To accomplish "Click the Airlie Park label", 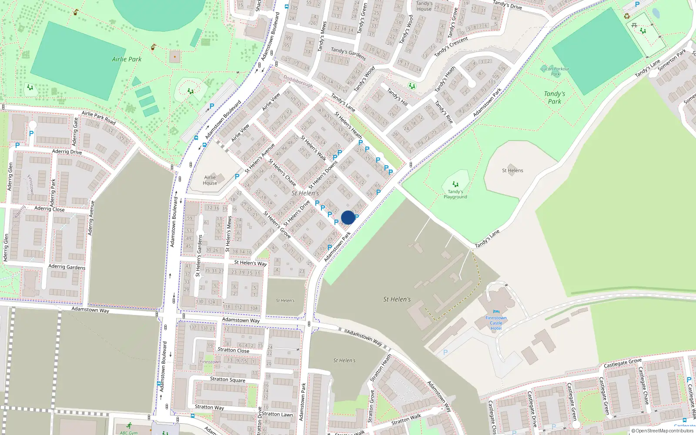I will tap(127, 59).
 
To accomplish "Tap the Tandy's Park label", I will tap(554, 97).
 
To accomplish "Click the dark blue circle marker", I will tap(348, 217).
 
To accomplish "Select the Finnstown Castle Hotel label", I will tap(496, 323).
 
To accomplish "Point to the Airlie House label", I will tap(210, 180).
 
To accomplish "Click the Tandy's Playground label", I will tap(455, 194).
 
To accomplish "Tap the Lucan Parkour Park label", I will tap(555, 71).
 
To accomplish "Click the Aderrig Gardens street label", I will tap(67, 267).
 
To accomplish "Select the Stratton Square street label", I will tap(228, 379).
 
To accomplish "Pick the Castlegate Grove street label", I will tap(622, 363).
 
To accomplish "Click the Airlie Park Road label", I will tap(99, 117).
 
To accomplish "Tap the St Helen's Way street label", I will tap(251, 263).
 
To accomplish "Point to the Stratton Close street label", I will tap(233, 350).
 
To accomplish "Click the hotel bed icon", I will tap(496, 312).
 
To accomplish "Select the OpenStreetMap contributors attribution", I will tap(663, 431).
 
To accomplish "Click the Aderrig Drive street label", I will tap(67, 152).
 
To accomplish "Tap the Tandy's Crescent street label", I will tap(451, 47).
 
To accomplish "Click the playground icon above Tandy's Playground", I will tap(455, 184).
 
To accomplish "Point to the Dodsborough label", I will tap(298, 81).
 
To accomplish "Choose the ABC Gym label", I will tap(129, 433).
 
